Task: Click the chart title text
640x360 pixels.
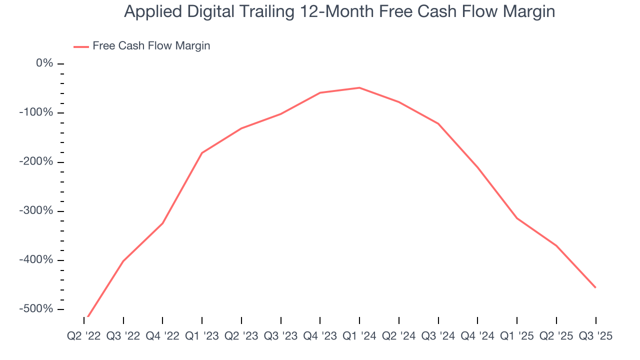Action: pos(339,11)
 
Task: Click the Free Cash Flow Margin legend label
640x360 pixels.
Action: pos(151,46)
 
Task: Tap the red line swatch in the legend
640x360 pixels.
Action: pos(81,46)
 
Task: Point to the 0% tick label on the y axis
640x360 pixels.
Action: pos(44,63)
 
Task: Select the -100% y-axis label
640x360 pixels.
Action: pos(36,112)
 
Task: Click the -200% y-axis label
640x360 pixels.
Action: pos(36,161)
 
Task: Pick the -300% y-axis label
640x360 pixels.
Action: pos(36,210)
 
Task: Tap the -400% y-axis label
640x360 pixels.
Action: pos(36,260)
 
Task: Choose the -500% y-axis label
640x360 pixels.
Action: pos(36,309)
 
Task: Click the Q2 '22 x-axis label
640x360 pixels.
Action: pos(83,336)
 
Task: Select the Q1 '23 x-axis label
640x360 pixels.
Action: pos(202,336)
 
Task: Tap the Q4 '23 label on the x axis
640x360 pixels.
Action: pos(320,336)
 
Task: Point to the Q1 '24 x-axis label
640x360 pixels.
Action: pos(359,336)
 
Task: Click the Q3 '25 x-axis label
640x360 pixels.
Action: pos(595,336)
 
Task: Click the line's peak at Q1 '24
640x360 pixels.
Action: pos(359,88)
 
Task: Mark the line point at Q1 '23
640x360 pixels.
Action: pos(202,152)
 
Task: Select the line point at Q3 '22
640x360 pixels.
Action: pos(123,261)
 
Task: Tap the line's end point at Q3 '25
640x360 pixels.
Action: pos(595,287)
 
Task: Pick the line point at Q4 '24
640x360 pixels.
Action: pos(477,167)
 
